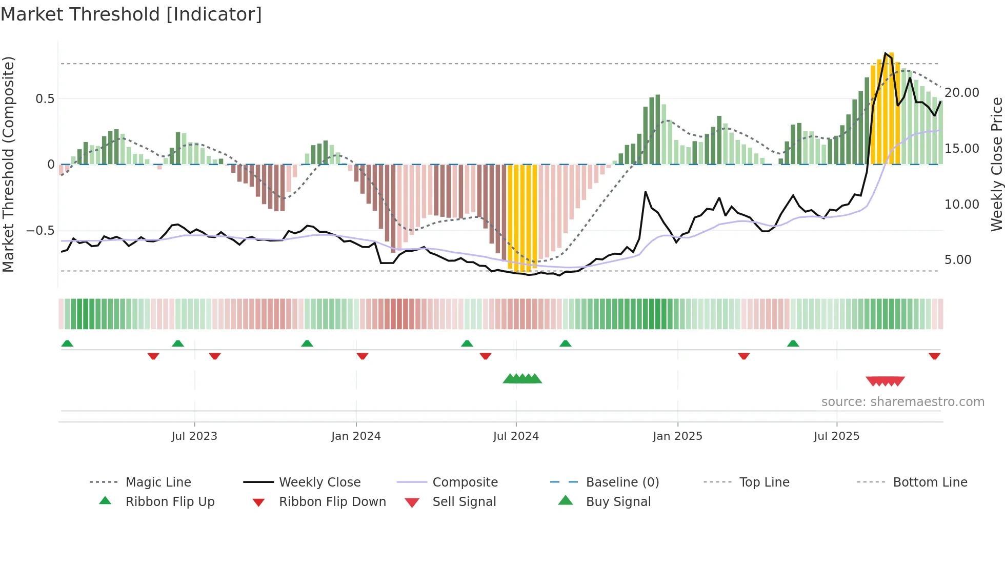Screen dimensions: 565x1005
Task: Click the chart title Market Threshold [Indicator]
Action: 131,14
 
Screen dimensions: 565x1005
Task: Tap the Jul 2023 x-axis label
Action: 194,436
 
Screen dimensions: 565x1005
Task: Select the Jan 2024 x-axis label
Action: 356,436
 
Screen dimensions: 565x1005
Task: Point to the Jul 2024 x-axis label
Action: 516,436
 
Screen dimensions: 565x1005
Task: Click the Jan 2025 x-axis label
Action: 677,436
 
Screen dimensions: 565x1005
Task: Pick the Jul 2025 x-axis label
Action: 836,436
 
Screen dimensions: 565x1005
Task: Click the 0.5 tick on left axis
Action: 45,99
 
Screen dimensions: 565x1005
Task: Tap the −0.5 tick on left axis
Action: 41,231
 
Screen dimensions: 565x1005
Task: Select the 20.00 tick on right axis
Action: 962,93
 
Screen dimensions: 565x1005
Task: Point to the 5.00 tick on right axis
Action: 958,260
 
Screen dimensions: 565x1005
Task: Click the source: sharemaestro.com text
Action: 902,402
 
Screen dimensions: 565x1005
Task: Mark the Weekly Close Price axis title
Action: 996,164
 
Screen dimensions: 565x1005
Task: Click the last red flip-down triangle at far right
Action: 934,356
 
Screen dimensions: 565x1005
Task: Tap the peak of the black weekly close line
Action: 886,53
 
